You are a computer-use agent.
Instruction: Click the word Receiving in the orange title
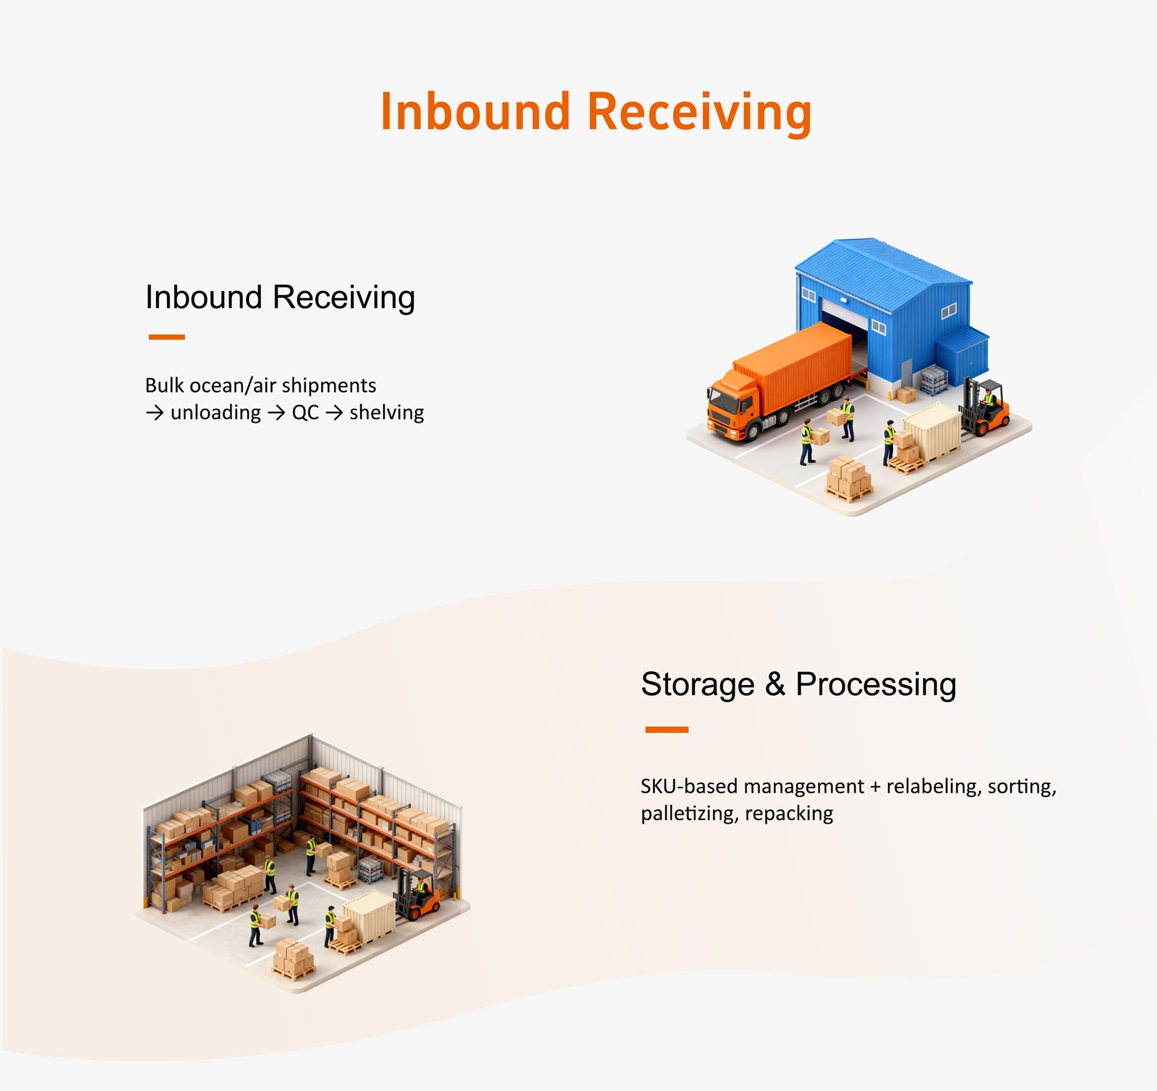pos(699,112)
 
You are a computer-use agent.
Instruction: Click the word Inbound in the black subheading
pos(203,297)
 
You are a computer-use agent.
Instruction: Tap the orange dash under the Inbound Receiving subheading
pos(166,337)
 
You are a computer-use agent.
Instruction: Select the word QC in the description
pos(305,413)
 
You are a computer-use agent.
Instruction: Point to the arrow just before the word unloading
pos(154,413)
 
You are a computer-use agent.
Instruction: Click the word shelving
pos(386,412)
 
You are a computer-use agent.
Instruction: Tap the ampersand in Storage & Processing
pos(774,684)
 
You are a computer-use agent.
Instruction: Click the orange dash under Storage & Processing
pos(666,730)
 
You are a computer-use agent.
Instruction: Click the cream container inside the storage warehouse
pos(370,915)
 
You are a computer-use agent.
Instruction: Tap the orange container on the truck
pos(795,361)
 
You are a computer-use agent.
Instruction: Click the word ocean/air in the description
pos(232,385)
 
